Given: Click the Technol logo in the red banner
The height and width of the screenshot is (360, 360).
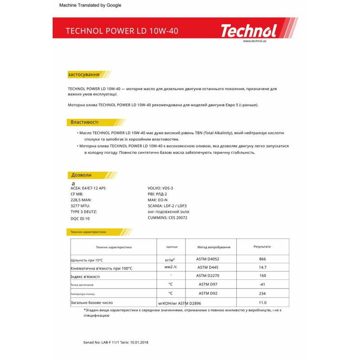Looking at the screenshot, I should pyautogui.click(x=248, y=31).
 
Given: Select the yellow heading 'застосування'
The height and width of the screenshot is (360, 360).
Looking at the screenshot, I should pyautogui.click(x=83, y=74).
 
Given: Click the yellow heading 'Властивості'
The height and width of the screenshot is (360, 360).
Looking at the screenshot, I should pyautogui.click(x=85, y=122).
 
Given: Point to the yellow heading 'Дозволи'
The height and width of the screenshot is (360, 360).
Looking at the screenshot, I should pyautogui.click(x=81, y=175).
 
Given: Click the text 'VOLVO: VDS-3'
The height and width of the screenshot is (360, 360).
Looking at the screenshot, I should pyautogui.click(x=160, y=189).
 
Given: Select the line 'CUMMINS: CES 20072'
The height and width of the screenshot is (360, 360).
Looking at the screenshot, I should pyautogui.click(x=167, y=218).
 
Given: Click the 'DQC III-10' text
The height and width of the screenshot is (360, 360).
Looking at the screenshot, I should pyautogui.click(x=80, y=218).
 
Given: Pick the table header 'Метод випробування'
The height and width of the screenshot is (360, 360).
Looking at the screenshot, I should pyautogui.click(x=214, y=247).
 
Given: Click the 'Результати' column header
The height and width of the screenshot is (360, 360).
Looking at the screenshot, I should pyautogui.click(x=262, y=247).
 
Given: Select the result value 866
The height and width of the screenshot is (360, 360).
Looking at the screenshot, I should pyautogui.click(x=263, y=259).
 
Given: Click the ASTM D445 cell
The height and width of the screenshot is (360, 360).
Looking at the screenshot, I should pyautogui.click(x=207, y=268).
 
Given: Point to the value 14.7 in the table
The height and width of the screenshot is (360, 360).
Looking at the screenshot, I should pyautogui.click(x=263, y=268).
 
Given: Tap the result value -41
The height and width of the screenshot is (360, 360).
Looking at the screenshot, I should pyautogui.click(x=263, y=284).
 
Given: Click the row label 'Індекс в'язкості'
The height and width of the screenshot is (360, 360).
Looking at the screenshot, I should pyautogui.click(x=85, y=277).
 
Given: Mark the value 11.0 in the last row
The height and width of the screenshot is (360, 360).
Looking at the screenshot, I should pyautogui.click(x=263, y=303).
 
